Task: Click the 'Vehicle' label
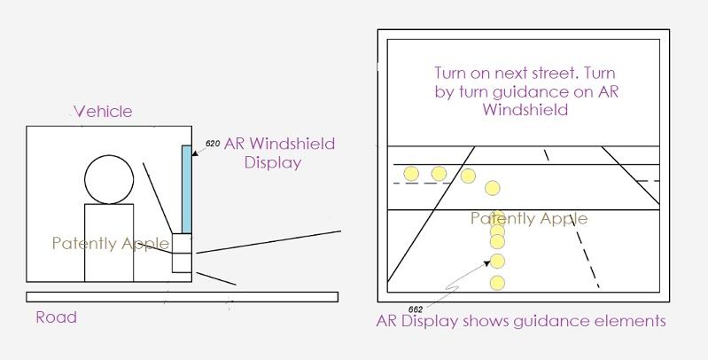pyautogui.click(x=103, y=111)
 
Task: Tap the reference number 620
pyautogui.click(x=213, y=144)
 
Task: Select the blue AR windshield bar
pyautogui.click(x=186, y=189)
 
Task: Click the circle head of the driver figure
pyautogui.click(x=109, y=179)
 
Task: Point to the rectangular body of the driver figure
pyautogui.click(x=109, y=243)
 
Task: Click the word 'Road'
pyautogui.click(x=57, y=317)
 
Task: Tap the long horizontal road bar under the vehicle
pyautogui.click(x=182, y=297)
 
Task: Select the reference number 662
pyautogui.click(x=416, y=309)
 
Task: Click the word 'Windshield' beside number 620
pyautogui.click(x=292, y=144)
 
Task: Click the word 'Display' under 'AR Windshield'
pyautogui.click(x=273, y=162)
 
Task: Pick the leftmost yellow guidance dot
pyautogui.click(x=411, y=174)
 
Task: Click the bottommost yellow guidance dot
pyautogui.click(x=497, y=283)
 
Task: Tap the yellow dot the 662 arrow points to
pyautogui.click(x=497, y=261)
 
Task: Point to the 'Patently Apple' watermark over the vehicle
pyautogui.click(x=111, y=244)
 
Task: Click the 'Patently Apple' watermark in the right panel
pyautogui.click(x=529, y=219)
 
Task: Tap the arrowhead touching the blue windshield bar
pyautogui.click(x=195, y=153)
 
